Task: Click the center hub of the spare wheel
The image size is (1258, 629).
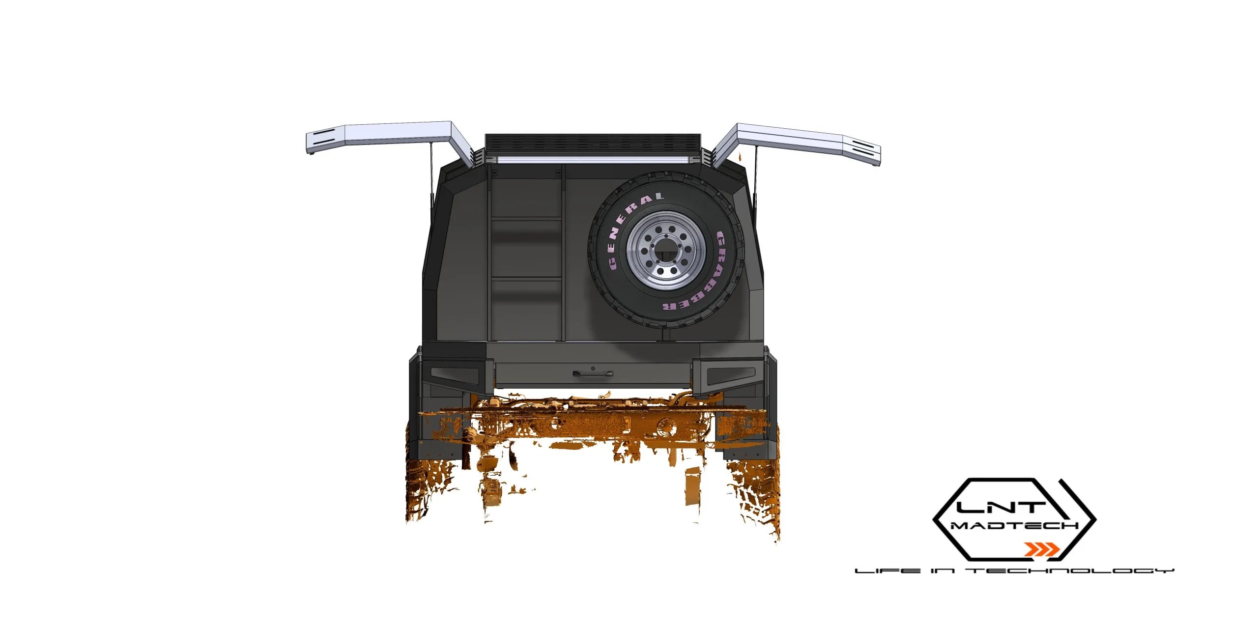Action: [x=667, y=251]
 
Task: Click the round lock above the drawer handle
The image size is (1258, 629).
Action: [x=593, y=368]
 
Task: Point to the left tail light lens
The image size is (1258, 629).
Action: [x=454, y=377]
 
